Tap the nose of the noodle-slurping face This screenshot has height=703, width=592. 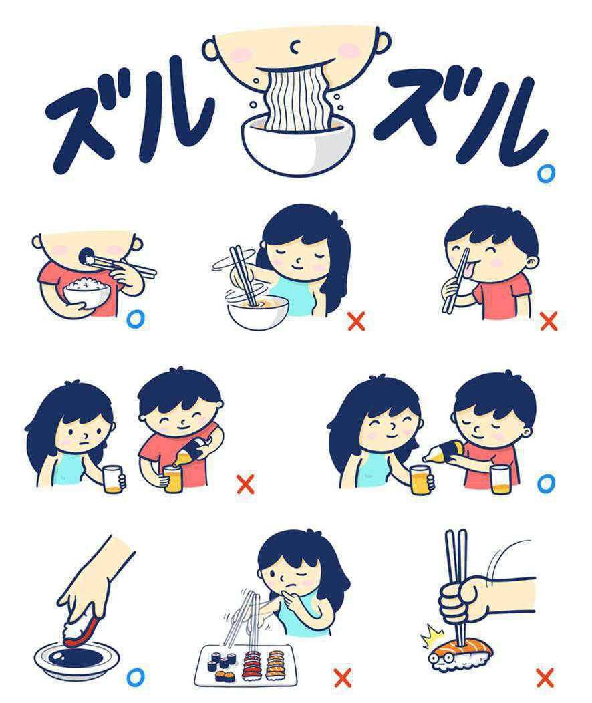click(x=295, y=45)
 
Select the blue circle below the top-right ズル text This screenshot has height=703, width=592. click(x=546, y=174)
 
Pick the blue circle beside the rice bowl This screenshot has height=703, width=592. click(x=136, y=319)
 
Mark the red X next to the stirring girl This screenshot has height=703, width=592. click(x=356, y=321)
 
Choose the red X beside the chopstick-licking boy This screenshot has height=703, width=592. click(x=549, y=321)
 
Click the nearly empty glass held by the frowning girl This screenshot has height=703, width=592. click(x=112, y=479)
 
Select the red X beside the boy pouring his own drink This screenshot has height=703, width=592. click(x=245, y=484)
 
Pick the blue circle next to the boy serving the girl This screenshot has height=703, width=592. click(x=546, y=483)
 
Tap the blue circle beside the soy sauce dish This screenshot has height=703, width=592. click(x=136, y=676)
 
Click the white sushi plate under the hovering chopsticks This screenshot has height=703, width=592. click(x=246, y=666)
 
